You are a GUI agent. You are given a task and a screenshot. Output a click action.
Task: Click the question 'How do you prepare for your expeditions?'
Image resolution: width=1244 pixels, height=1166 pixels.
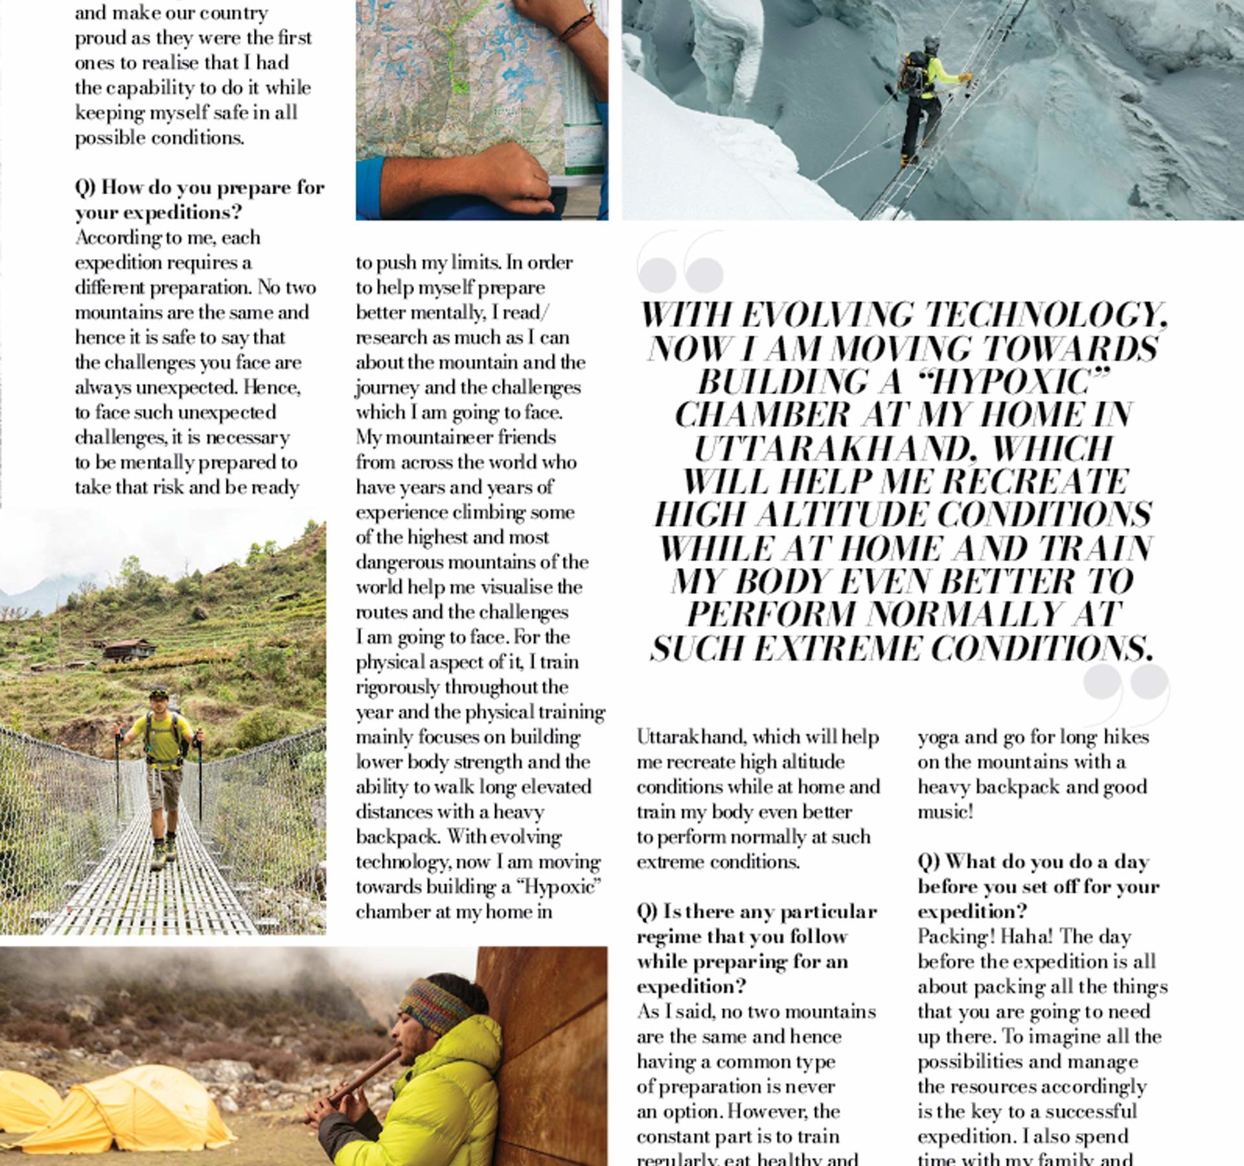[x=199, y=200]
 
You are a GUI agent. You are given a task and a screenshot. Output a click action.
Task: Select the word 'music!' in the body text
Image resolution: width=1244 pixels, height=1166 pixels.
[x=945, y=812]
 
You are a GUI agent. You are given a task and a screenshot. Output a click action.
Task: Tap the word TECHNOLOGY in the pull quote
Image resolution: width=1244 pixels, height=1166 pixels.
[x=1044, y=315]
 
